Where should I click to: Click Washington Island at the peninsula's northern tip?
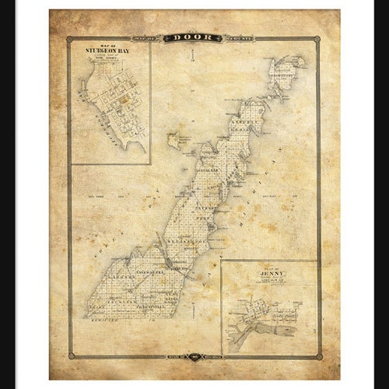click(284, 75)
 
